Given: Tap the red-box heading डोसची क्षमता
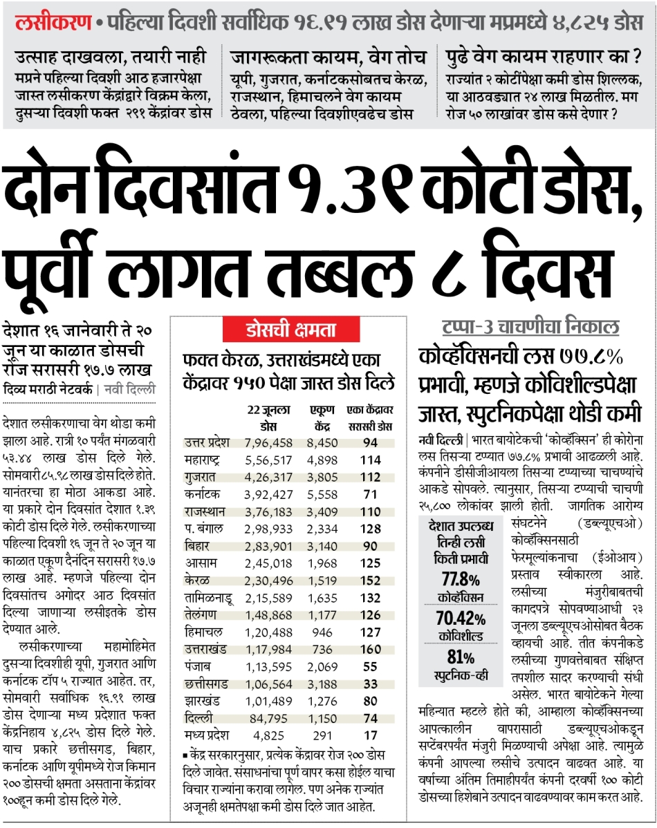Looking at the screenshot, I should coord(281,330).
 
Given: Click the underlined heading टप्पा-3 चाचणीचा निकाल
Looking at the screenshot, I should coord(530,327).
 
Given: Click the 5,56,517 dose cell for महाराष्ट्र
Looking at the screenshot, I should coord(270,459).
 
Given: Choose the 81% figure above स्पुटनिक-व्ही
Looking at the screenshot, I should coord(461,657).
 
